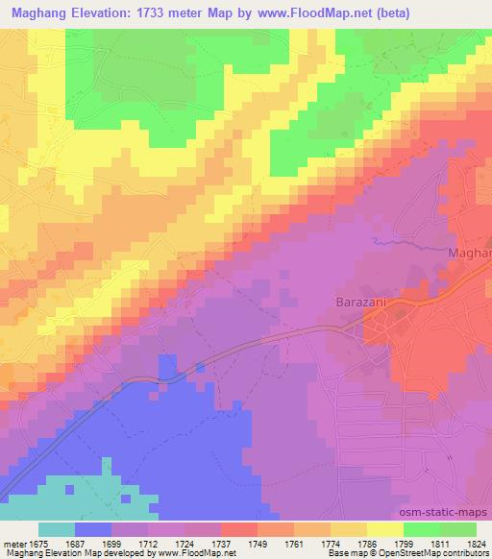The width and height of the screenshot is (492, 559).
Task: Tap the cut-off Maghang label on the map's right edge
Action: [x=470, y=253]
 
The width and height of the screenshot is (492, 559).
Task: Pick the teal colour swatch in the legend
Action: [x=57, y=529]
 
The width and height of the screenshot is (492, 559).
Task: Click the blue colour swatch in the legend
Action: [x=93, y=529]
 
